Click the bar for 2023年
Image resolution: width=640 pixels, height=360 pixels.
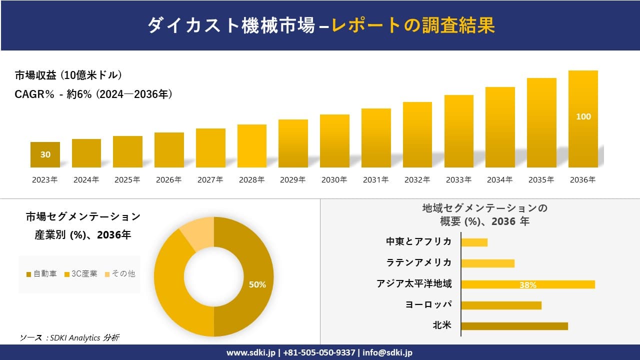(45, 154)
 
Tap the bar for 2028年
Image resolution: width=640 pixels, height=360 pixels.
(252, 146)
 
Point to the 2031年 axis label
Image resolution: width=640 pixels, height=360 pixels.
(375, 180)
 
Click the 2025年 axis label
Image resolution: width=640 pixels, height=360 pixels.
(127, 180)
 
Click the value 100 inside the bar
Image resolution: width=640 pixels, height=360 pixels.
(583, 116)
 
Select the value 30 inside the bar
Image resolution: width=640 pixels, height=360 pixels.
(45, 154)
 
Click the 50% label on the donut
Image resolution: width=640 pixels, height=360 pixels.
(257, 284)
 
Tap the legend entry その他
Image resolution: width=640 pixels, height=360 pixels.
(120, 274)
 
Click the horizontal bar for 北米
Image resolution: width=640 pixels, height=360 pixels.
(514, 326)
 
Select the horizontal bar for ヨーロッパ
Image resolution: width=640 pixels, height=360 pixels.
(501, 305)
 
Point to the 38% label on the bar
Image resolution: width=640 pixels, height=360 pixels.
(527, 285)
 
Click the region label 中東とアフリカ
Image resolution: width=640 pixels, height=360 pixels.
(418, 241)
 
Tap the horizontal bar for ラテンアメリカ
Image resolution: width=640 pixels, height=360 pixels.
(487, 263)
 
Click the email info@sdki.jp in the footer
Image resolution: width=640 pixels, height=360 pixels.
(387, 352)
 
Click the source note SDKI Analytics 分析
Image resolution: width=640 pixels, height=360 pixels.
(70, 338)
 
